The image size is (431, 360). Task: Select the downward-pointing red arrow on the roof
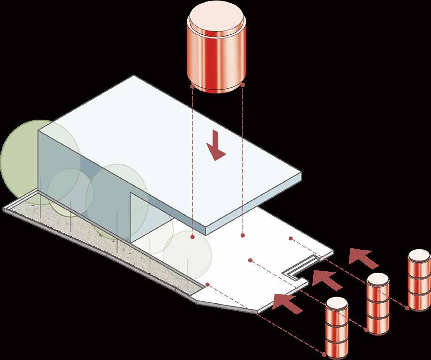(x=216, y=146)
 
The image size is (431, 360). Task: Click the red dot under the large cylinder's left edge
(x=192, y=87)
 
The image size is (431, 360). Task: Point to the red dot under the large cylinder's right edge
(x=242, y=84)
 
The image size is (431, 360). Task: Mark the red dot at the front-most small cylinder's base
(x=325, y=352)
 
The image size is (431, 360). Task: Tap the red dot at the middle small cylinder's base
(x=366, y=330)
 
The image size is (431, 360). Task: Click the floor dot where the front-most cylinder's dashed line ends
(x=207, y=285)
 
